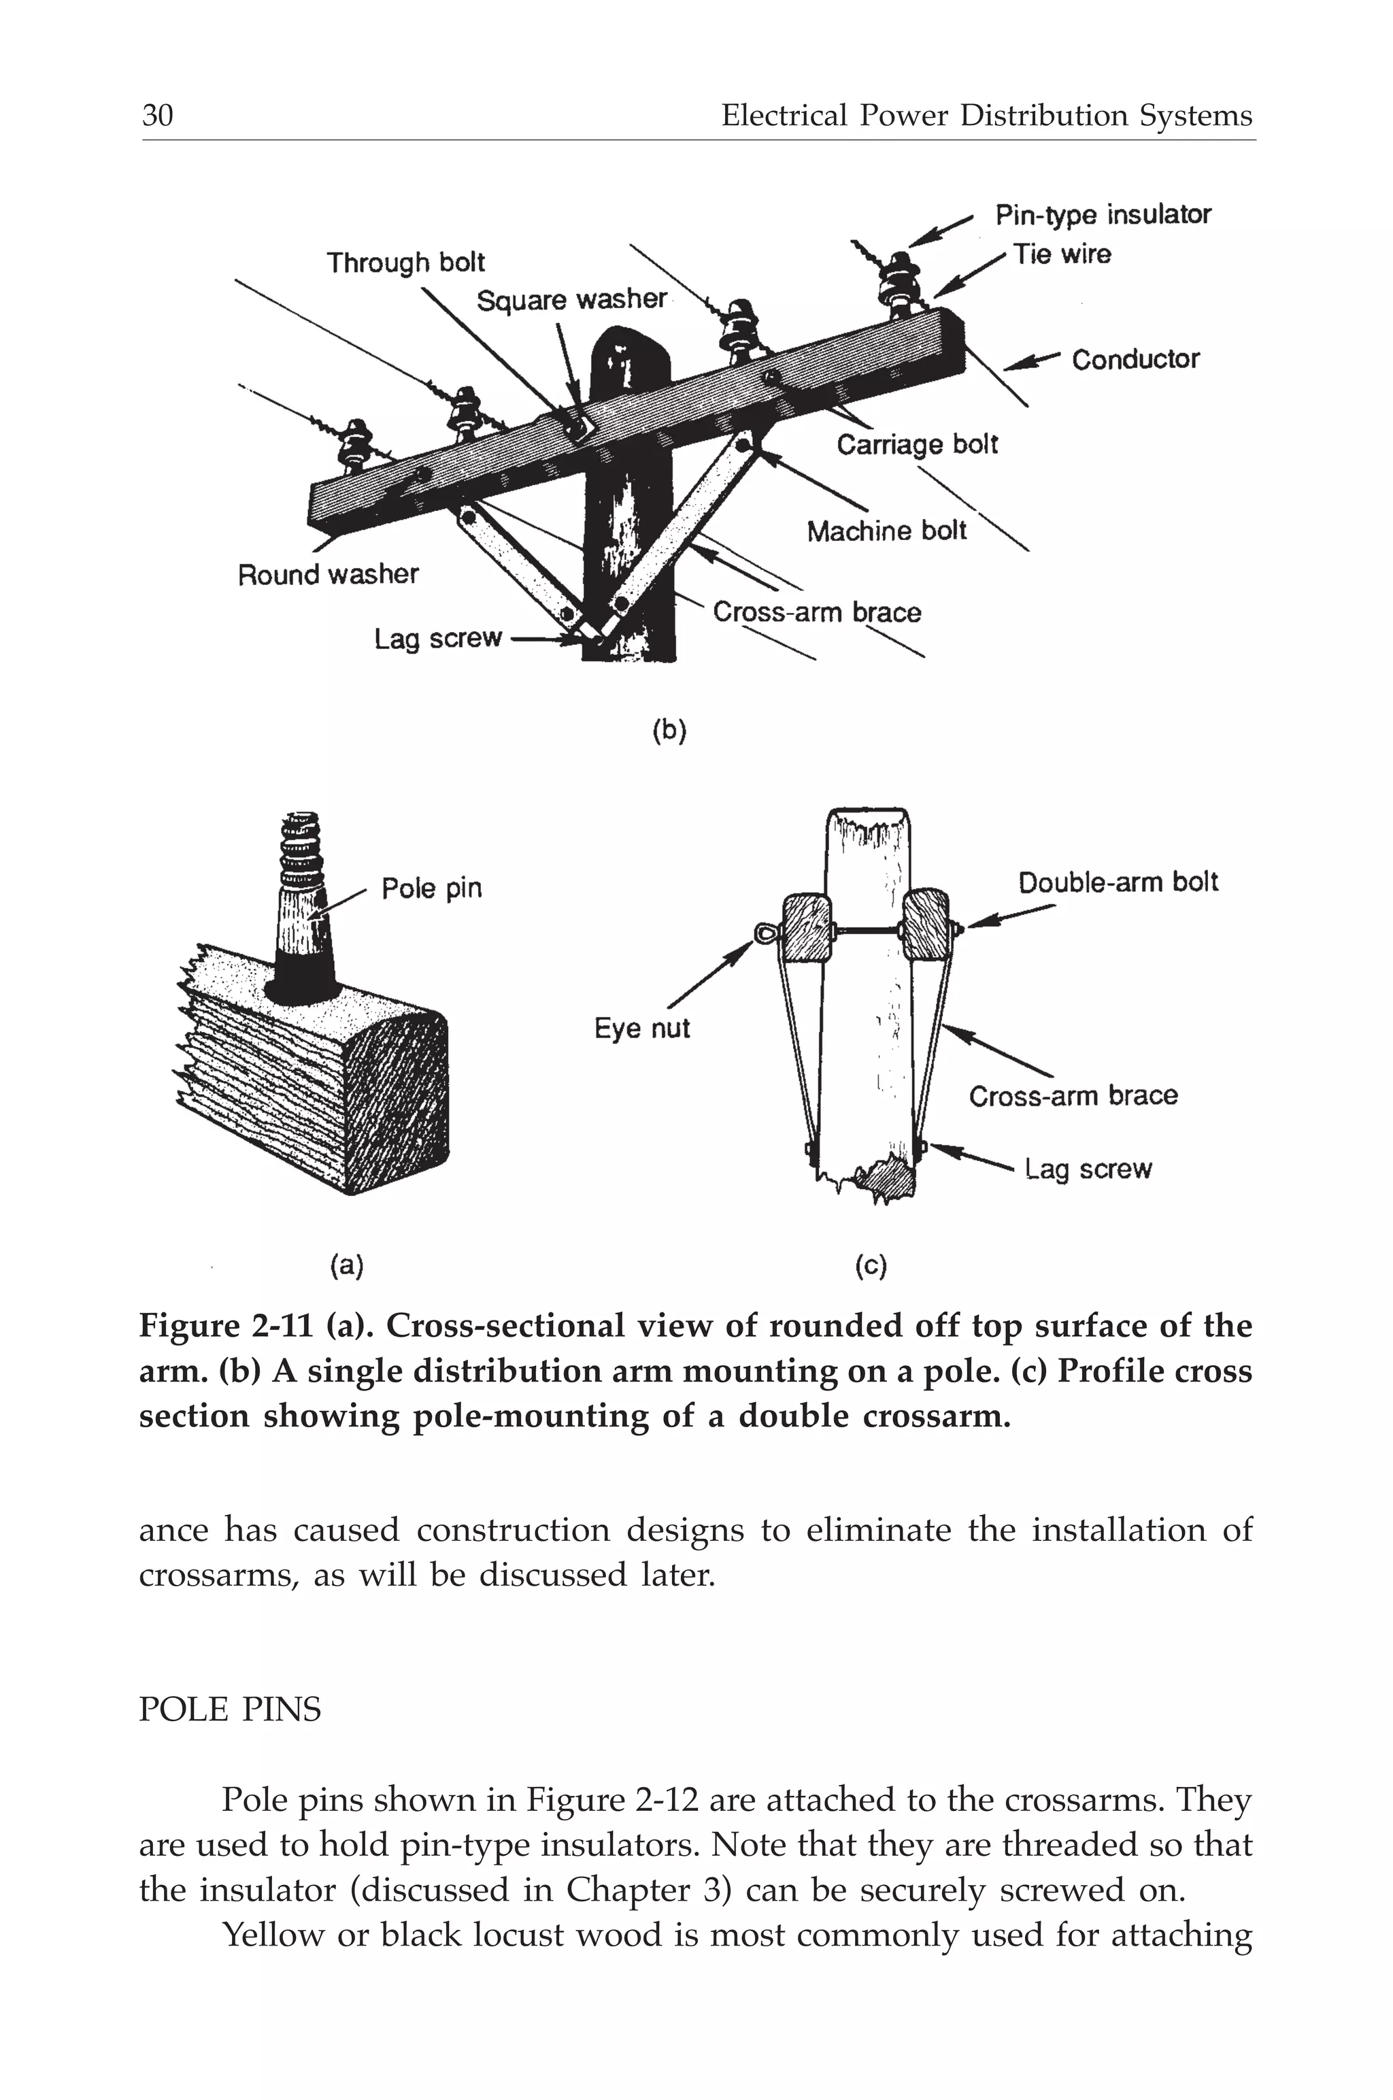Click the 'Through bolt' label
coord(405,263)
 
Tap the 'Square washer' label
coord(571,300)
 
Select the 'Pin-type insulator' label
coord(1103,215)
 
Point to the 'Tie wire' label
coord(1062,255)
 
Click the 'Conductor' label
coord(1135,360)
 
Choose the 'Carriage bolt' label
coord(917,444)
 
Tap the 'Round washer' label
coord(328,575)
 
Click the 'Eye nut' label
coord(641,1029)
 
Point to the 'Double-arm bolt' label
coord(1118,883)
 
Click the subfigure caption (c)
coord(871,1266)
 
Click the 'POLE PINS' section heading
coord(230,1709)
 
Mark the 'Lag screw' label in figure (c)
coord(1088,1169)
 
